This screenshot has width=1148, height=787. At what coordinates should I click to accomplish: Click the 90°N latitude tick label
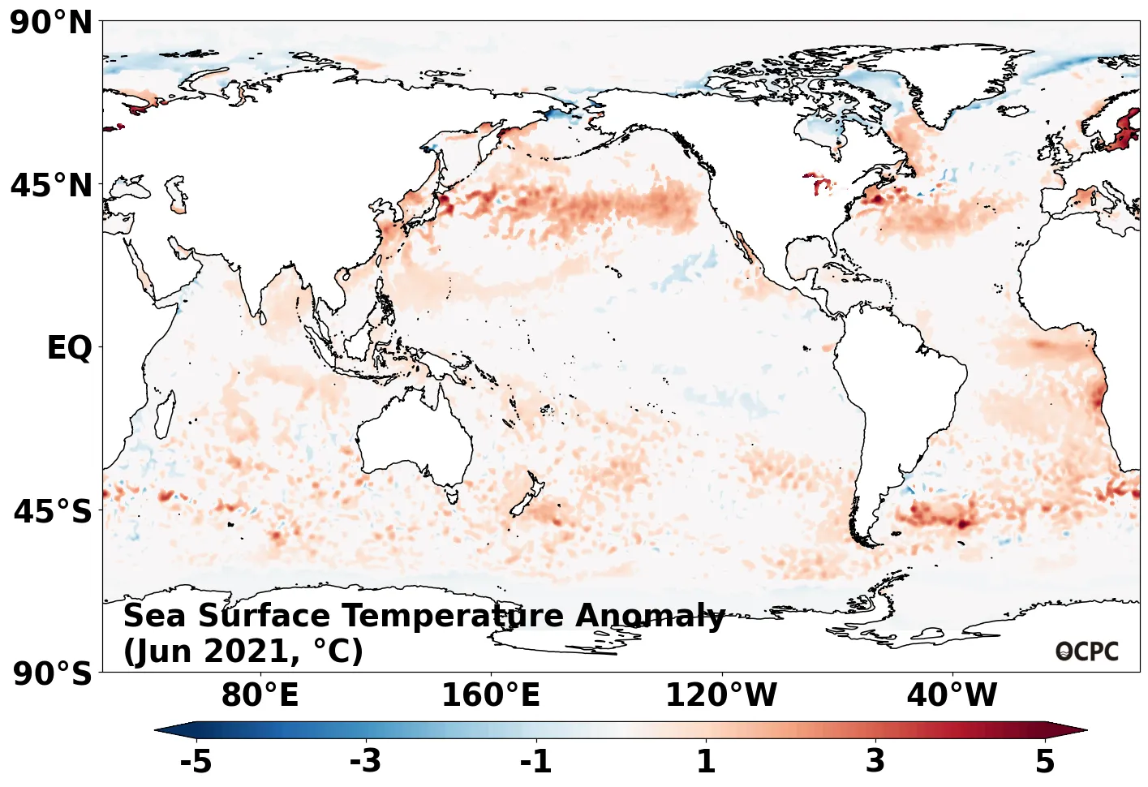[52, 23]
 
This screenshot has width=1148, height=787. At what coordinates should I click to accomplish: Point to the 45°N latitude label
[52, 186]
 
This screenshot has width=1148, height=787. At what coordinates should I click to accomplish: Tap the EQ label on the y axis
[69, 348]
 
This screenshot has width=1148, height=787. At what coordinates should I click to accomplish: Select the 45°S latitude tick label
[53, 512]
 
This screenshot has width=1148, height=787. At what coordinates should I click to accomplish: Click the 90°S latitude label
[53, 673]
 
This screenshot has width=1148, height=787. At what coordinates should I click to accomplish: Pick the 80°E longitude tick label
[260, 695]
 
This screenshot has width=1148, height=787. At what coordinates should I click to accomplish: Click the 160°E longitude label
[490, 695]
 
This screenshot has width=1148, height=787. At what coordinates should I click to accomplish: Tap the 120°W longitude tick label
[720, 695]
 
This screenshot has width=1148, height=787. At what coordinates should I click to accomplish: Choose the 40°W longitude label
[952, 695]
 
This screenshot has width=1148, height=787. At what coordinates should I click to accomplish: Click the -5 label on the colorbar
[196, 761]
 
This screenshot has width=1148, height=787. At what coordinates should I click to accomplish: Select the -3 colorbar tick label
[365, 761]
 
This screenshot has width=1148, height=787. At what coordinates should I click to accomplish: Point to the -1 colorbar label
[535, 761]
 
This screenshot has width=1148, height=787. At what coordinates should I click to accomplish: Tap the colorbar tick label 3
[875, 761]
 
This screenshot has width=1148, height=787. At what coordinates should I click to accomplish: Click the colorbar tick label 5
[1045, 761]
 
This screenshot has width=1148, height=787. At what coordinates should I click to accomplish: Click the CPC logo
[1087, 652]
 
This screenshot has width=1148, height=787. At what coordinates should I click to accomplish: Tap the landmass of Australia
[414, 438]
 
